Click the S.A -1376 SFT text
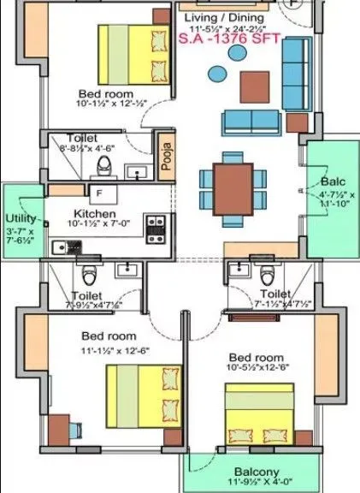coord(235,39)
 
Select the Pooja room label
coord(166,156)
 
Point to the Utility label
coord(21,219)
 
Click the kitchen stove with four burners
coord(156,227)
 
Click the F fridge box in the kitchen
coord(100,193)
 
